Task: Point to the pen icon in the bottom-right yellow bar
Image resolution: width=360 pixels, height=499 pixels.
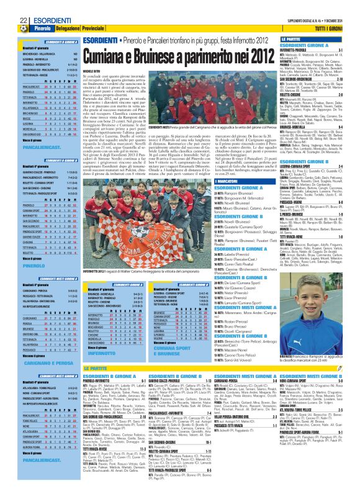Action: (353, 495)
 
